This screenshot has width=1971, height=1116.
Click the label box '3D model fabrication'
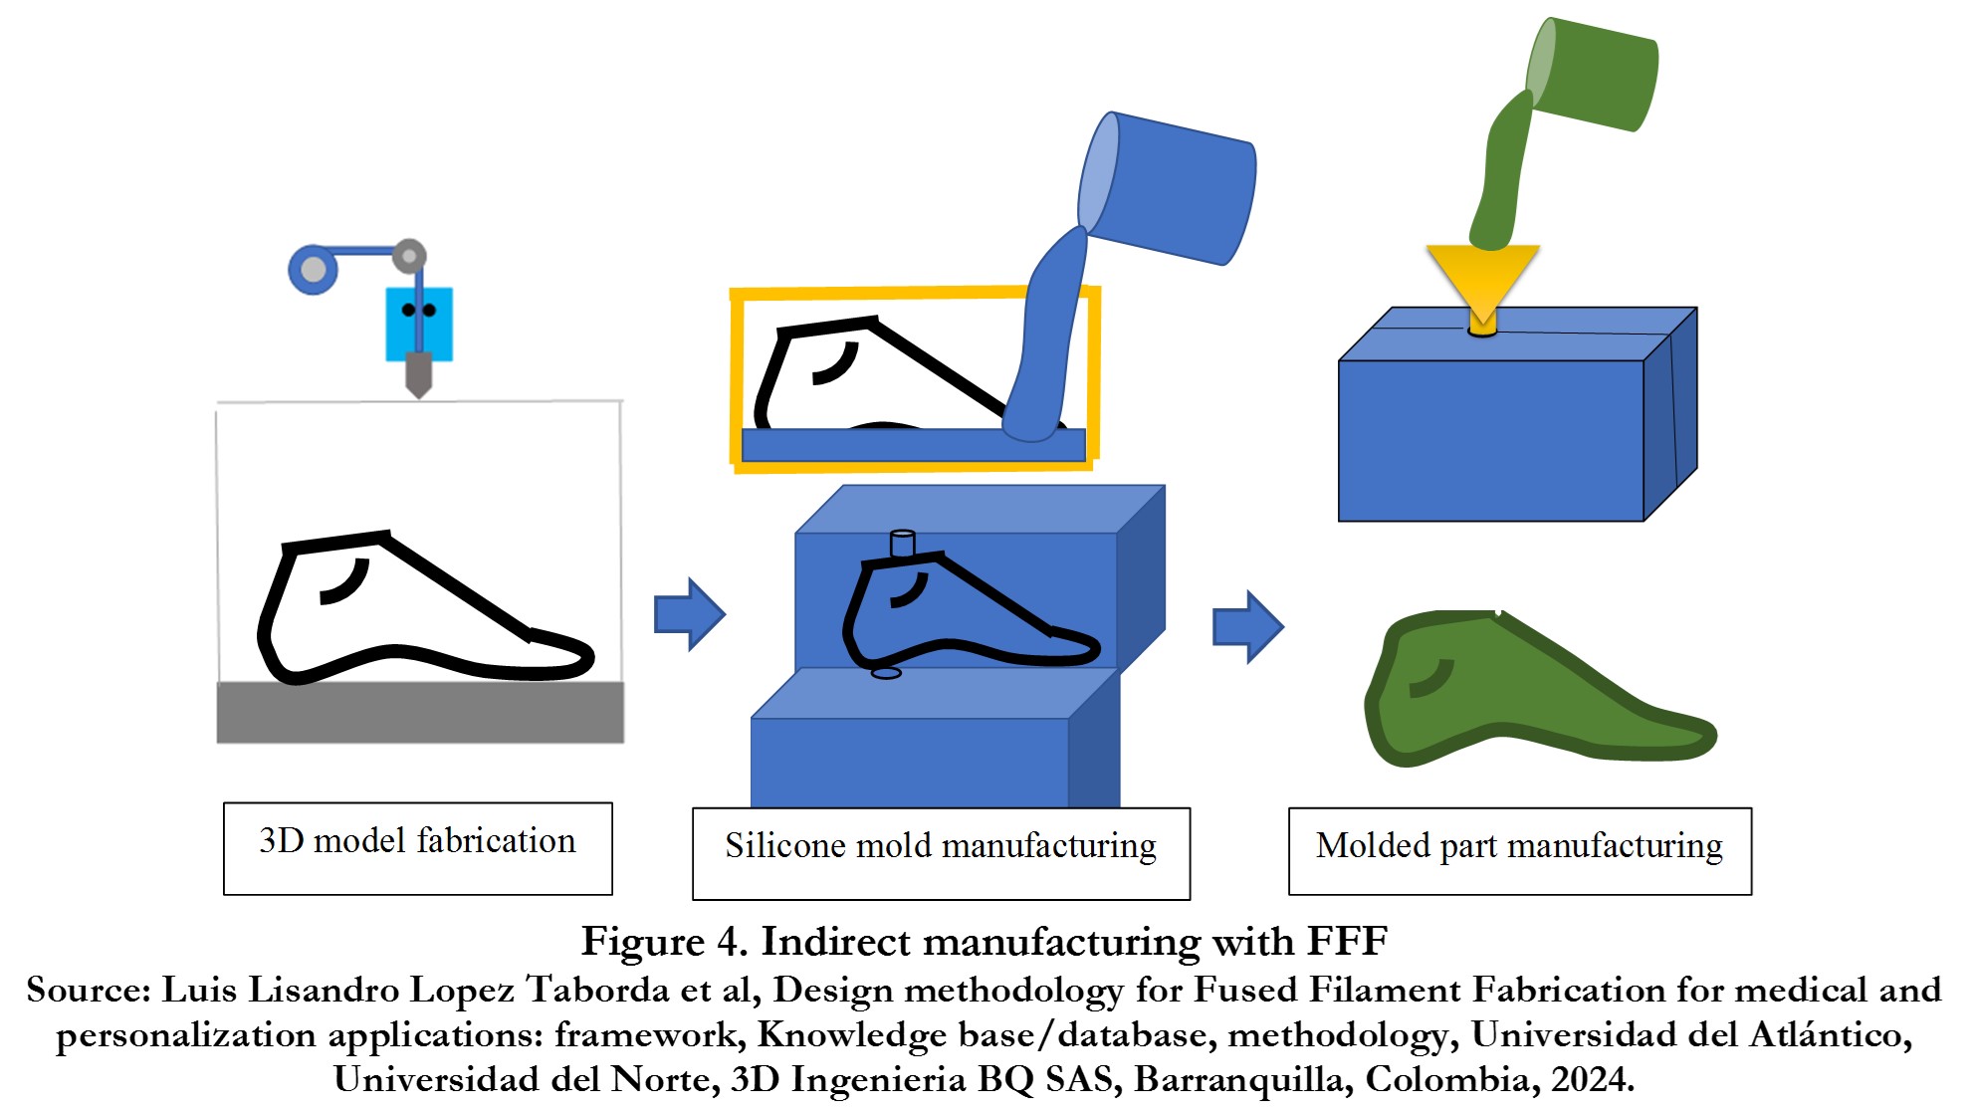pyautogui.click(x=417, y=847)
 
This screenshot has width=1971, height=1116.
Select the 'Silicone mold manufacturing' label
pyautogui.click(x=941, y=852)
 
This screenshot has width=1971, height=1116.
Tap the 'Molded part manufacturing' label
pyautogui.click(x=1519, y=850)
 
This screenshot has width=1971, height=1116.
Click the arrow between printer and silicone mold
pyautogui.click(x=689, y=614)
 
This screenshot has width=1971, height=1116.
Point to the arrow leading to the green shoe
pyautogui.click(x=1247, y=626)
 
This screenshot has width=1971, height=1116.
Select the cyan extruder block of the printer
pyautogui.click(x=419, y=325)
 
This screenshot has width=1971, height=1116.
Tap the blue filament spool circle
pyautogui.click(x=314, y=269)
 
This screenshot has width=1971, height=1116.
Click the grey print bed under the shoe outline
pyautogui.click(x=420, y=712)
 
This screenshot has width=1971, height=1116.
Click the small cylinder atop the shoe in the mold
pyautogui.click(x=902, y=544)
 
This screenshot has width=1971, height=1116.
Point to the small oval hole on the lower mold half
pyautogui.click(x=886, y=673)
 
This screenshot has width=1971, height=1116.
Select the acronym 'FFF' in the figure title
pyautogui.click(x=1347, y=941)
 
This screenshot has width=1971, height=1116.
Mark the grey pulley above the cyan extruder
pyautogui.click(x=409, y=256)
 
